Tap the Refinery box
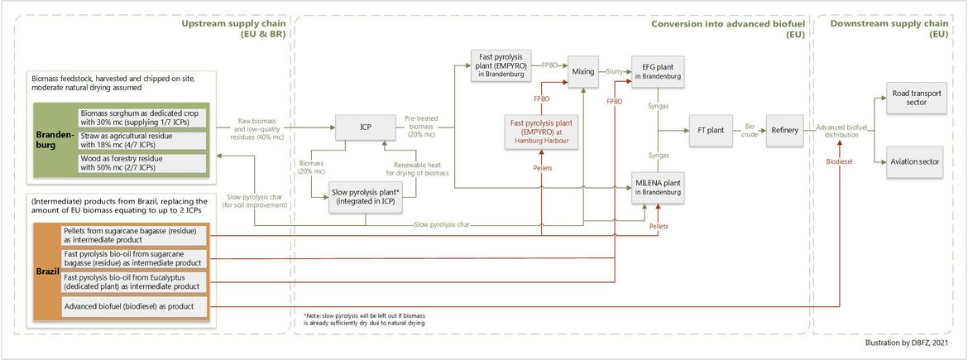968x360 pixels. (784, 130)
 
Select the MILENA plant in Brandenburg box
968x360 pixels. (659, 189)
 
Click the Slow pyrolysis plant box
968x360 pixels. (367, 197)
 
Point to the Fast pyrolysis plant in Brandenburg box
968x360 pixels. (501, 65)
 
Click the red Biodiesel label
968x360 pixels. (840, 161)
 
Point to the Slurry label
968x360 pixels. (614, 71)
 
